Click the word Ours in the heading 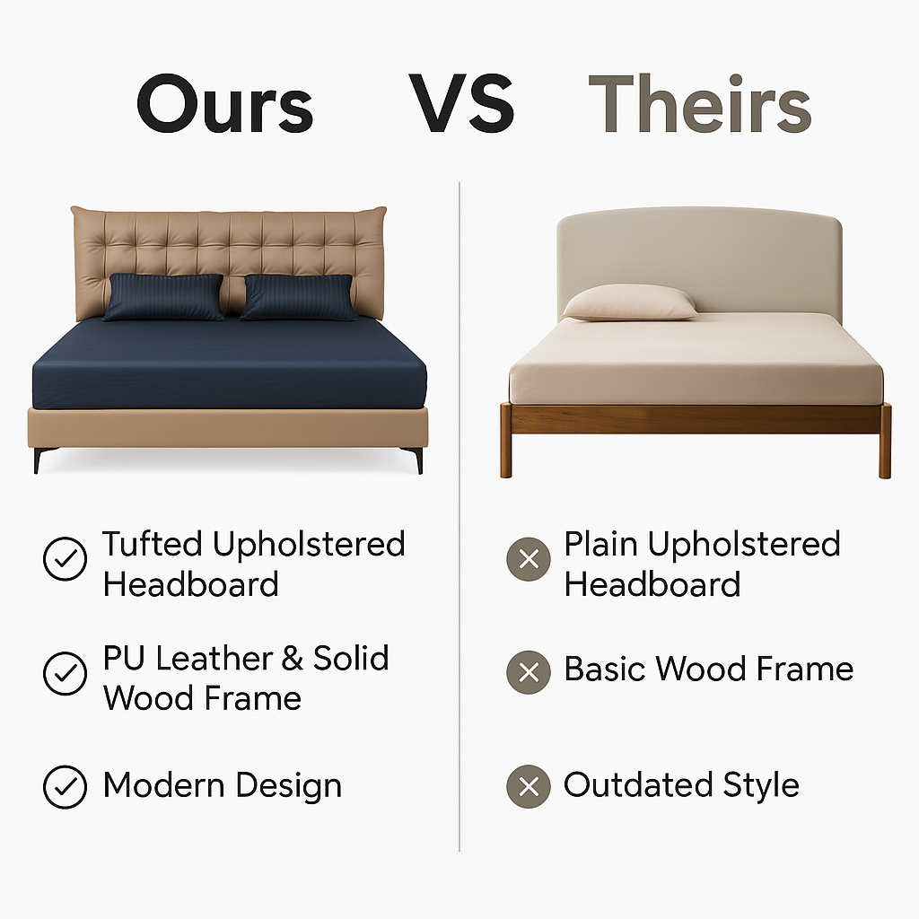pos(225,104)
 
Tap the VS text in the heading pos(461,104)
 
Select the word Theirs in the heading pos(700,103)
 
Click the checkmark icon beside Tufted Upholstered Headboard pos(65,558)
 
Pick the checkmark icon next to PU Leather pos(65,673)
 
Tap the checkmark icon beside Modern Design pos(65,786)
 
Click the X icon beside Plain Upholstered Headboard pos(529,559)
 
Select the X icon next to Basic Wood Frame pos(529,672)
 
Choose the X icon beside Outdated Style pos(529,786)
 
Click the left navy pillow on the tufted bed pos(163,297)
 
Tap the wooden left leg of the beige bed pos(506,441)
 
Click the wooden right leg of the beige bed pos(885,441)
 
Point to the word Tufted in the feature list pos(153,544)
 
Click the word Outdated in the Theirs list pos(638,784)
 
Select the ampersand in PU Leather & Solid pos(293,658)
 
